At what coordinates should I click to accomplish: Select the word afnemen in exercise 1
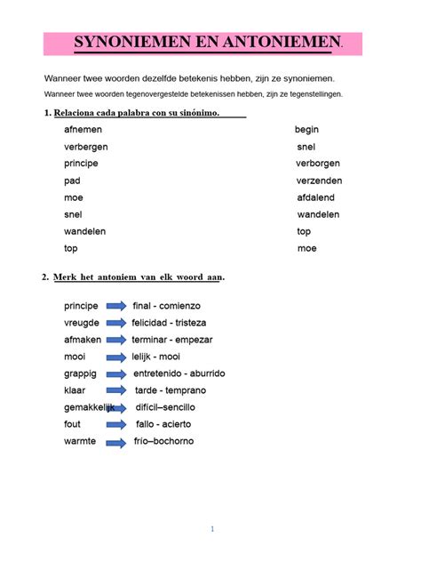pos(83,130)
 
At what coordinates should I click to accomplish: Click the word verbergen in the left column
pos(86,147)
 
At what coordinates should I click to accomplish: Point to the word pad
pos(72,181)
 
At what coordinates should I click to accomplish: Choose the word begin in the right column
pos(306,130)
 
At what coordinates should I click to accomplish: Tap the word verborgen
pos(317,164)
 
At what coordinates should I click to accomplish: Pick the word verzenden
pos(319,181)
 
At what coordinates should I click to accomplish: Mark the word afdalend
pos(317,197)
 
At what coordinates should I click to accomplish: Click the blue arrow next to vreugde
pos(116,323)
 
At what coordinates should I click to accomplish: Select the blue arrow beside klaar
pos(116,390)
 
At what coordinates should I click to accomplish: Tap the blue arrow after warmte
pos(116,442)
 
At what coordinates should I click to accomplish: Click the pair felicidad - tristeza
pos(169,323)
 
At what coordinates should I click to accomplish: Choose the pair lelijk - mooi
pos(155,357)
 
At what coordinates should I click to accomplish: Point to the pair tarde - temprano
pos(171,390)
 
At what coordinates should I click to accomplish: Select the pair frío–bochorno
pos(163,442)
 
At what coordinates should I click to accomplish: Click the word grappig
pos(80,373)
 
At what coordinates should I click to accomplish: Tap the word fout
pos(72,424)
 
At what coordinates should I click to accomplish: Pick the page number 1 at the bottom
pos(212,529)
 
